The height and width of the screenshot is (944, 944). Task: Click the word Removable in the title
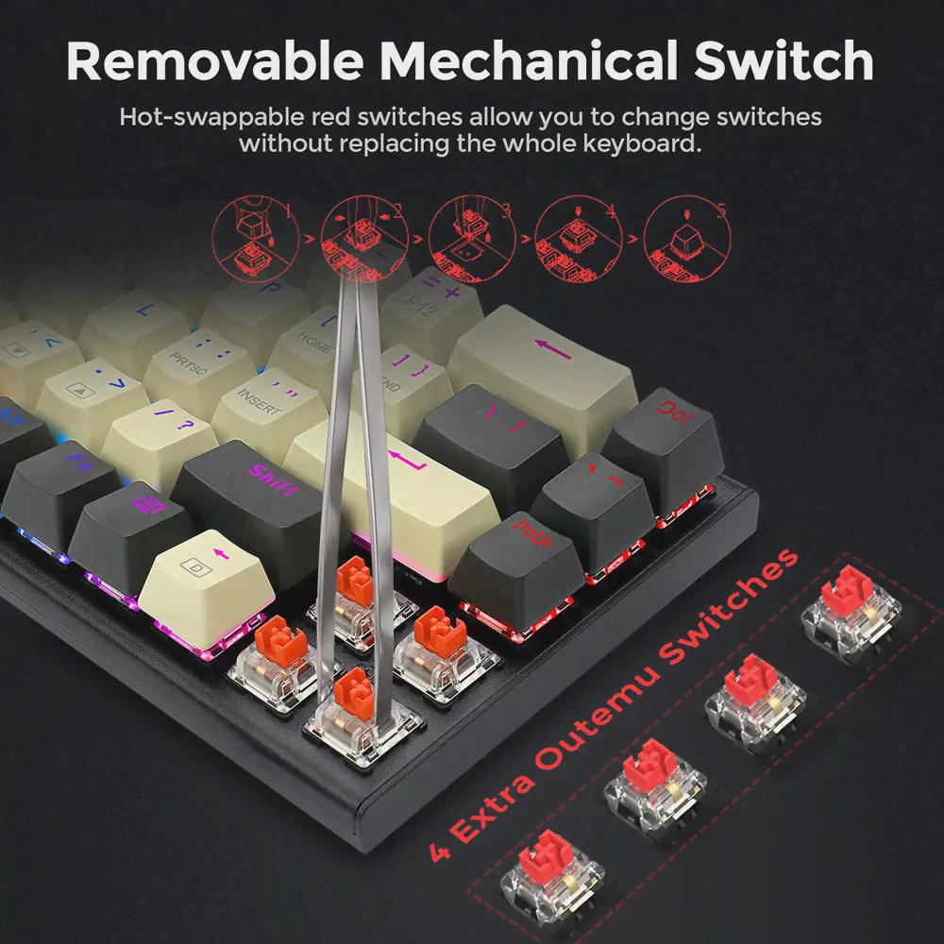216,60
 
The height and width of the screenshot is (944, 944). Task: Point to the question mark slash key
160,434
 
